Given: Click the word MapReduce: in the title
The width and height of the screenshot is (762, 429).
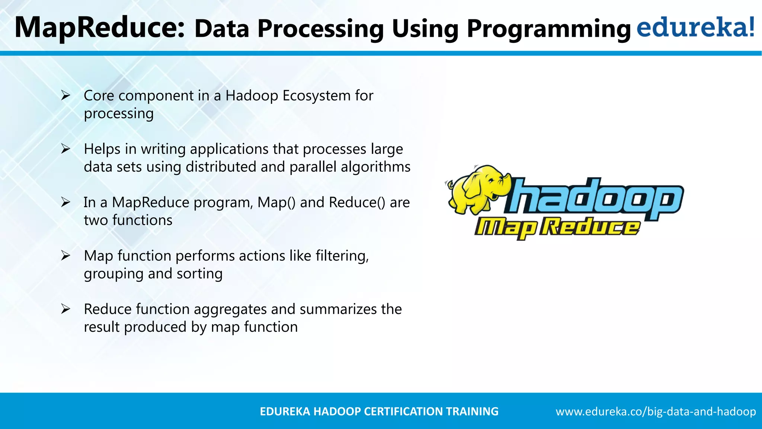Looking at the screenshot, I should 99,28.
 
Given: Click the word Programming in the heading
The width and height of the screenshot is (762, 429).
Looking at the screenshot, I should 548,29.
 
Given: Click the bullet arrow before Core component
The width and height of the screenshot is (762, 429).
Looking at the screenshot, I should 66,96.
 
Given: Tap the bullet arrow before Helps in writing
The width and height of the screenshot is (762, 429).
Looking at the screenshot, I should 66,149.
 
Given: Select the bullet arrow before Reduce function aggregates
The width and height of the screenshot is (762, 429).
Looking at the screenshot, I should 66,309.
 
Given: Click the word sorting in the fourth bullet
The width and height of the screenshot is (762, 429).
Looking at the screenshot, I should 199,274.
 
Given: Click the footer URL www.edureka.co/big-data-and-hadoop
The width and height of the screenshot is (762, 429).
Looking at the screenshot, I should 656,411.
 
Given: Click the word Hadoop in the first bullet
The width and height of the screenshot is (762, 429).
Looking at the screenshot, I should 252,96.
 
